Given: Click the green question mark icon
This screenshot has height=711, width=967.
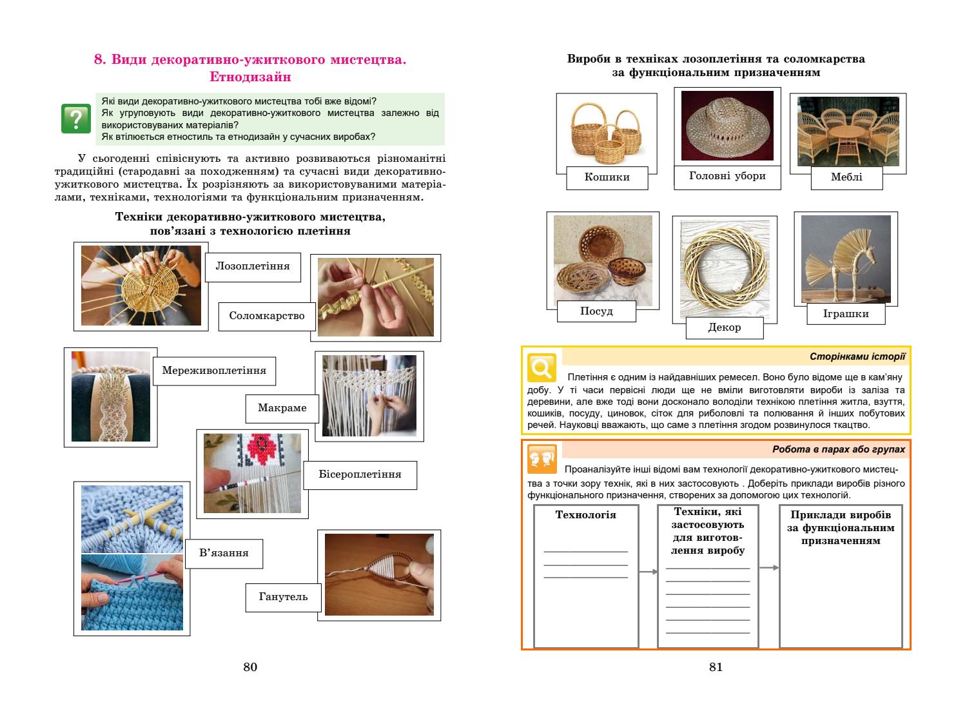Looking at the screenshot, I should coord(76,119).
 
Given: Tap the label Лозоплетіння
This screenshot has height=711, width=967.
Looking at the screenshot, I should coord(253,266).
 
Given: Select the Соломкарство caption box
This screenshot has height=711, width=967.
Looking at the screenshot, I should coord(266,316).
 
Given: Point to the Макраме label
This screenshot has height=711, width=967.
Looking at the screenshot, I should coord(282,408).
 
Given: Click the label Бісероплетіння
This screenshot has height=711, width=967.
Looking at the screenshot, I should coord(360,474).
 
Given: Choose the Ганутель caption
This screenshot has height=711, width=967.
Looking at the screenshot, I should coord(283,597).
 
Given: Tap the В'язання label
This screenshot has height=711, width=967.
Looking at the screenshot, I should coord(224,553).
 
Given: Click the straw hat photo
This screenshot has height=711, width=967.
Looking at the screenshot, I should coord(727,126).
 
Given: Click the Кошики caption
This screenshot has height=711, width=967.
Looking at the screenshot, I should coord(607,177).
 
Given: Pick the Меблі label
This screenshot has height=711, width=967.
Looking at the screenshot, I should coord(846,177).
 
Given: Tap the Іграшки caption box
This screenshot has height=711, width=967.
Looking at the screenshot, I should coord(846,314).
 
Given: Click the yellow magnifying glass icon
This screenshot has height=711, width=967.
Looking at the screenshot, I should coord(542,367).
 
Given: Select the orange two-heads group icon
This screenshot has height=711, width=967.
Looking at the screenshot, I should coord(542,458).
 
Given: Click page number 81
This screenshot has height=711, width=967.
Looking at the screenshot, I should coord(716,667).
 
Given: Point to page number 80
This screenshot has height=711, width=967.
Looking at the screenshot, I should coord(250,667).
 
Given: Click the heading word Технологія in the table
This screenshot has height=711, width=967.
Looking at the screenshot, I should coord(585,515).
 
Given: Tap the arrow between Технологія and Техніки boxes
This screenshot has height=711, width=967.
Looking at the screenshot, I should coord(648,572).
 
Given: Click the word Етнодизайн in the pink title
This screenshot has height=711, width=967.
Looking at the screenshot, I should coord(250,77).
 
